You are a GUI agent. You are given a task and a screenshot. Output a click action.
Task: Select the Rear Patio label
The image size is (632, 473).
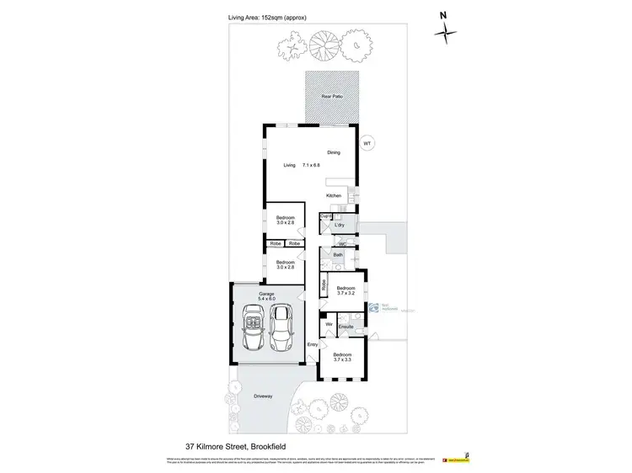click(331, 98)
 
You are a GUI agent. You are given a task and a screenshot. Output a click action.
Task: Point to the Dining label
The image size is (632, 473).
click(333, 152)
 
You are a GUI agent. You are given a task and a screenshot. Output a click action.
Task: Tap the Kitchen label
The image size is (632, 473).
click(334, 195)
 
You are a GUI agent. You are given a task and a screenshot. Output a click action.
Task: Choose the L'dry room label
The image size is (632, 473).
click(340, 225)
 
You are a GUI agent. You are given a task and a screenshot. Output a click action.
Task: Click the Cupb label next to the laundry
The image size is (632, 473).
click(324, 217)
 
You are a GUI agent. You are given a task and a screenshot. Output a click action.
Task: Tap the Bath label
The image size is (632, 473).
click(337, 254)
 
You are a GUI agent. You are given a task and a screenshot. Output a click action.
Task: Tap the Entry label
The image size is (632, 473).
click(312, 344)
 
